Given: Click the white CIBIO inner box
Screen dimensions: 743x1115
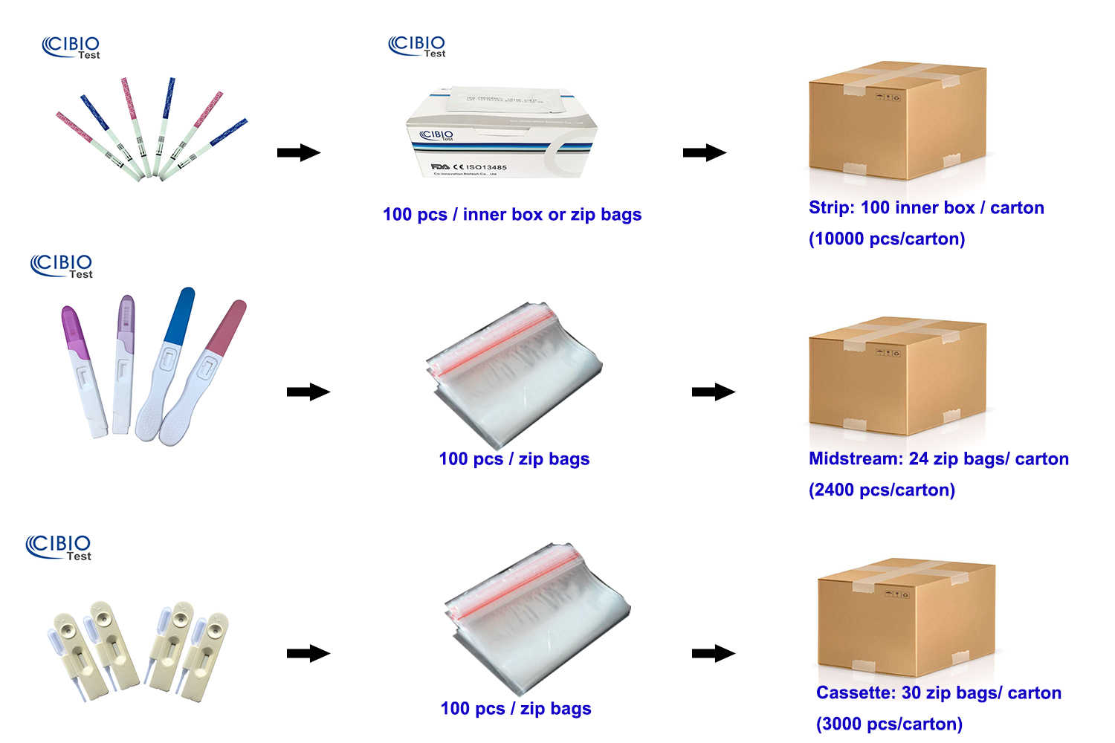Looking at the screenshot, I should point(500,137).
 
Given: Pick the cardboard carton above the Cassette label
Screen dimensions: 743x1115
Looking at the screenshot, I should point(906,617).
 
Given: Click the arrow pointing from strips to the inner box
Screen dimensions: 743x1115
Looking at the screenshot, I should point(298,153).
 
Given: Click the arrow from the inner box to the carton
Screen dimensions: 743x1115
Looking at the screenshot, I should point(704,153).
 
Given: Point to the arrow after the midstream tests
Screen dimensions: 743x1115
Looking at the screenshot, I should point(308,392).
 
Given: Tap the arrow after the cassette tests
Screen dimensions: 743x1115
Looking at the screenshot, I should point(308,653).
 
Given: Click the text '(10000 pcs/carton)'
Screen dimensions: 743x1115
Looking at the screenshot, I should point(887,239).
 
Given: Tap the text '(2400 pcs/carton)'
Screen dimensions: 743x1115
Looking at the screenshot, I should point(882,490).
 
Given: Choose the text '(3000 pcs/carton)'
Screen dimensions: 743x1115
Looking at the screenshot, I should point(889,724).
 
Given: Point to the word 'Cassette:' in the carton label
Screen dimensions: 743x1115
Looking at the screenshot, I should point(856,692).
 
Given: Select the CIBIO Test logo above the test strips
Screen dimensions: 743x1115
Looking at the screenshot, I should point(71,47).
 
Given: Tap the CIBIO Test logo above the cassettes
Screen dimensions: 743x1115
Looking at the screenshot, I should point(59,547).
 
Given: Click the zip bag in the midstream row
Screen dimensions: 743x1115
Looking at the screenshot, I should point(514,371).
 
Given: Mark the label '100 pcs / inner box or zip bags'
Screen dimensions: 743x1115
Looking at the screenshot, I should point(511,215).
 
